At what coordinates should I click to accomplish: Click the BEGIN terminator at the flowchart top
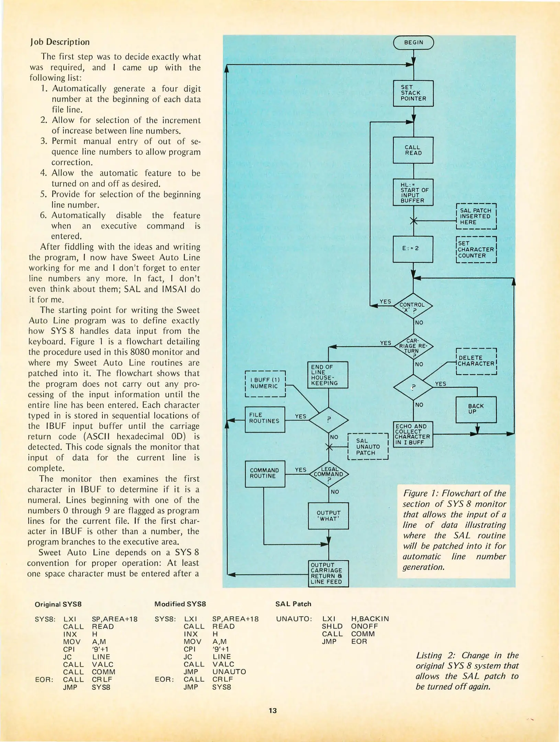click(x=413, y=43)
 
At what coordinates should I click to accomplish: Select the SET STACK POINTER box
click(x=413, y=93)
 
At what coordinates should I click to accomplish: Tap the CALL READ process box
click(x=413, y=150)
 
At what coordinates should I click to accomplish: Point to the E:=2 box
click(x=413, y=249)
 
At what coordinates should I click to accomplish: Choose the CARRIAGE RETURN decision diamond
click(x=413, y=346)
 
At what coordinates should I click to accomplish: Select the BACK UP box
click(x=476, y=409)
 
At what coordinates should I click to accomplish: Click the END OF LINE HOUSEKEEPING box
click(x=327, y=375)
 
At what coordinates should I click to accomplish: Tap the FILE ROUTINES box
click(x=265, y=419)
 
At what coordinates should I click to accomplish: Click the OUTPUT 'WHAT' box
click(x=328, y=516)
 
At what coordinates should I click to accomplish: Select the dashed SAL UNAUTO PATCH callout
click(x=368, y=447)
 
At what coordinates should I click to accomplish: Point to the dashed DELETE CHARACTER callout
click(x=476, y=361)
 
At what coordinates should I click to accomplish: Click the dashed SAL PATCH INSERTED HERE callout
click(x=476, y=216)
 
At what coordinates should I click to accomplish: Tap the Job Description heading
click(x=60, y=42)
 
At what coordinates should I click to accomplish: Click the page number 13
click(x=273, y=710)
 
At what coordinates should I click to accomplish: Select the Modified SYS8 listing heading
click(x=180, y=604)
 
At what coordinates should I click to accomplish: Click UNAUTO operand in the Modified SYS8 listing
click(x=229, y=672)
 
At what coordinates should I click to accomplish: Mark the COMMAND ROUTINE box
click(x=265, y=474)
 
